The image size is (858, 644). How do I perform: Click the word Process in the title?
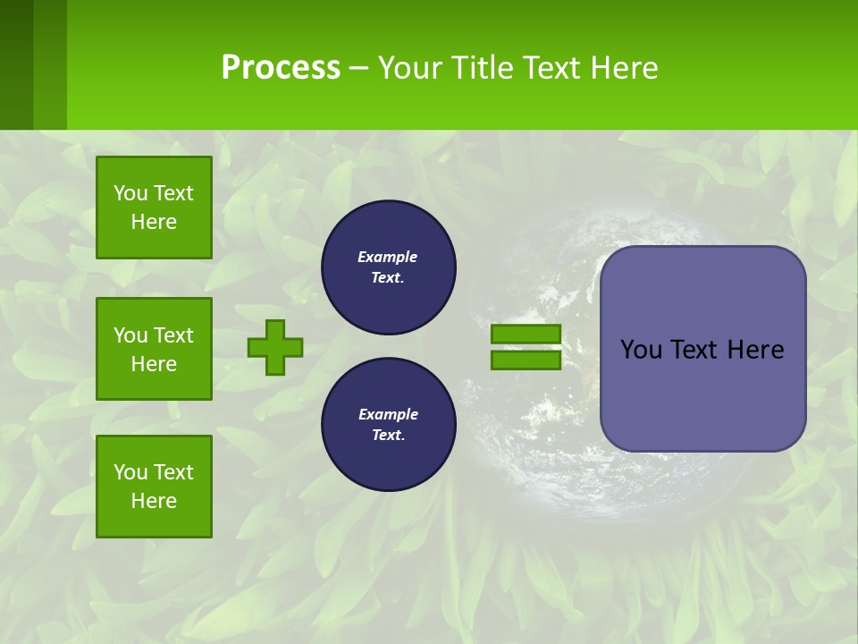pos(281,68)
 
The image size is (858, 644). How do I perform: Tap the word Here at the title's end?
pos(620,68)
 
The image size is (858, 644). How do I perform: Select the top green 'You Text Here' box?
pos(154,208)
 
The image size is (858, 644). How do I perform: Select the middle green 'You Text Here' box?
pos(154,349)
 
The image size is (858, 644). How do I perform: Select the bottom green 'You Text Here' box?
pos(154,487)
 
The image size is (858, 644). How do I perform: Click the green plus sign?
pos(275,347)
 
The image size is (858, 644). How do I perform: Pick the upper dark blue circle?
pos(388,267)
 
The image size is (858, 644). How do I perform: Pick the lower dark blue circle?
pos(388,425)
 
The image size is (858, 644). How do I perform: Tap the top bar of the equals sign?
pos(526,334)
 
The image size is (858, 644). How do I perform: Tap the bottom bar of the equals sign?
pos(526,360)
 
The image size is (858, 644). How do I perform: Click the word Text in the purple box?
pos(696,350)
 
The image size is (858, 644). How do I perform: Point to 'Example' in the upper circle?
pos(387,258)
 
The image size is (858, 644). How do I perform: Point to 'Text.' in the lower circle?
pos(388,436)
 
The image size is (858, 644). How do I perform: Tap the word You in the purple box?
pos(640,350)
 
